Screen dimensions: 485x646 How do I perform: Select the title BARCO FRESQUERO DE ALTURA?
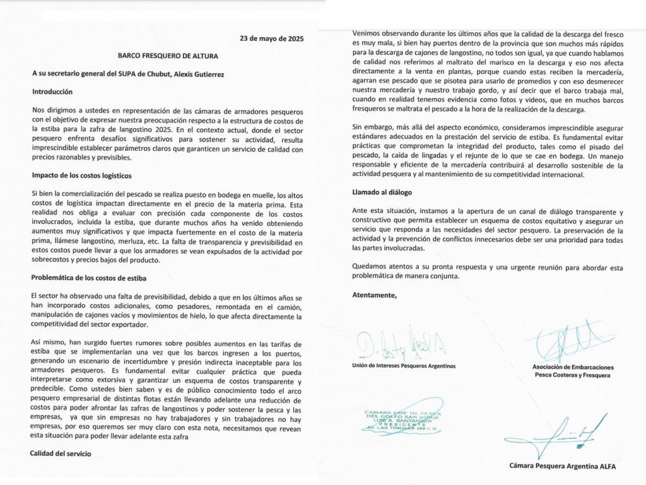point(168,56)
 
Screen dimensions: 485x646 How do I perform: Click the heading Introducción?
point(53,92)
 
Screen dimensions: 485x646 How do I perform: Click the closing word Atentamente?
point(375,295)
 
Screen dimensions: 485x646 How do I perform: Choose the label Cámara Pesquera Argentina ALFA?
point(562,466)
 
